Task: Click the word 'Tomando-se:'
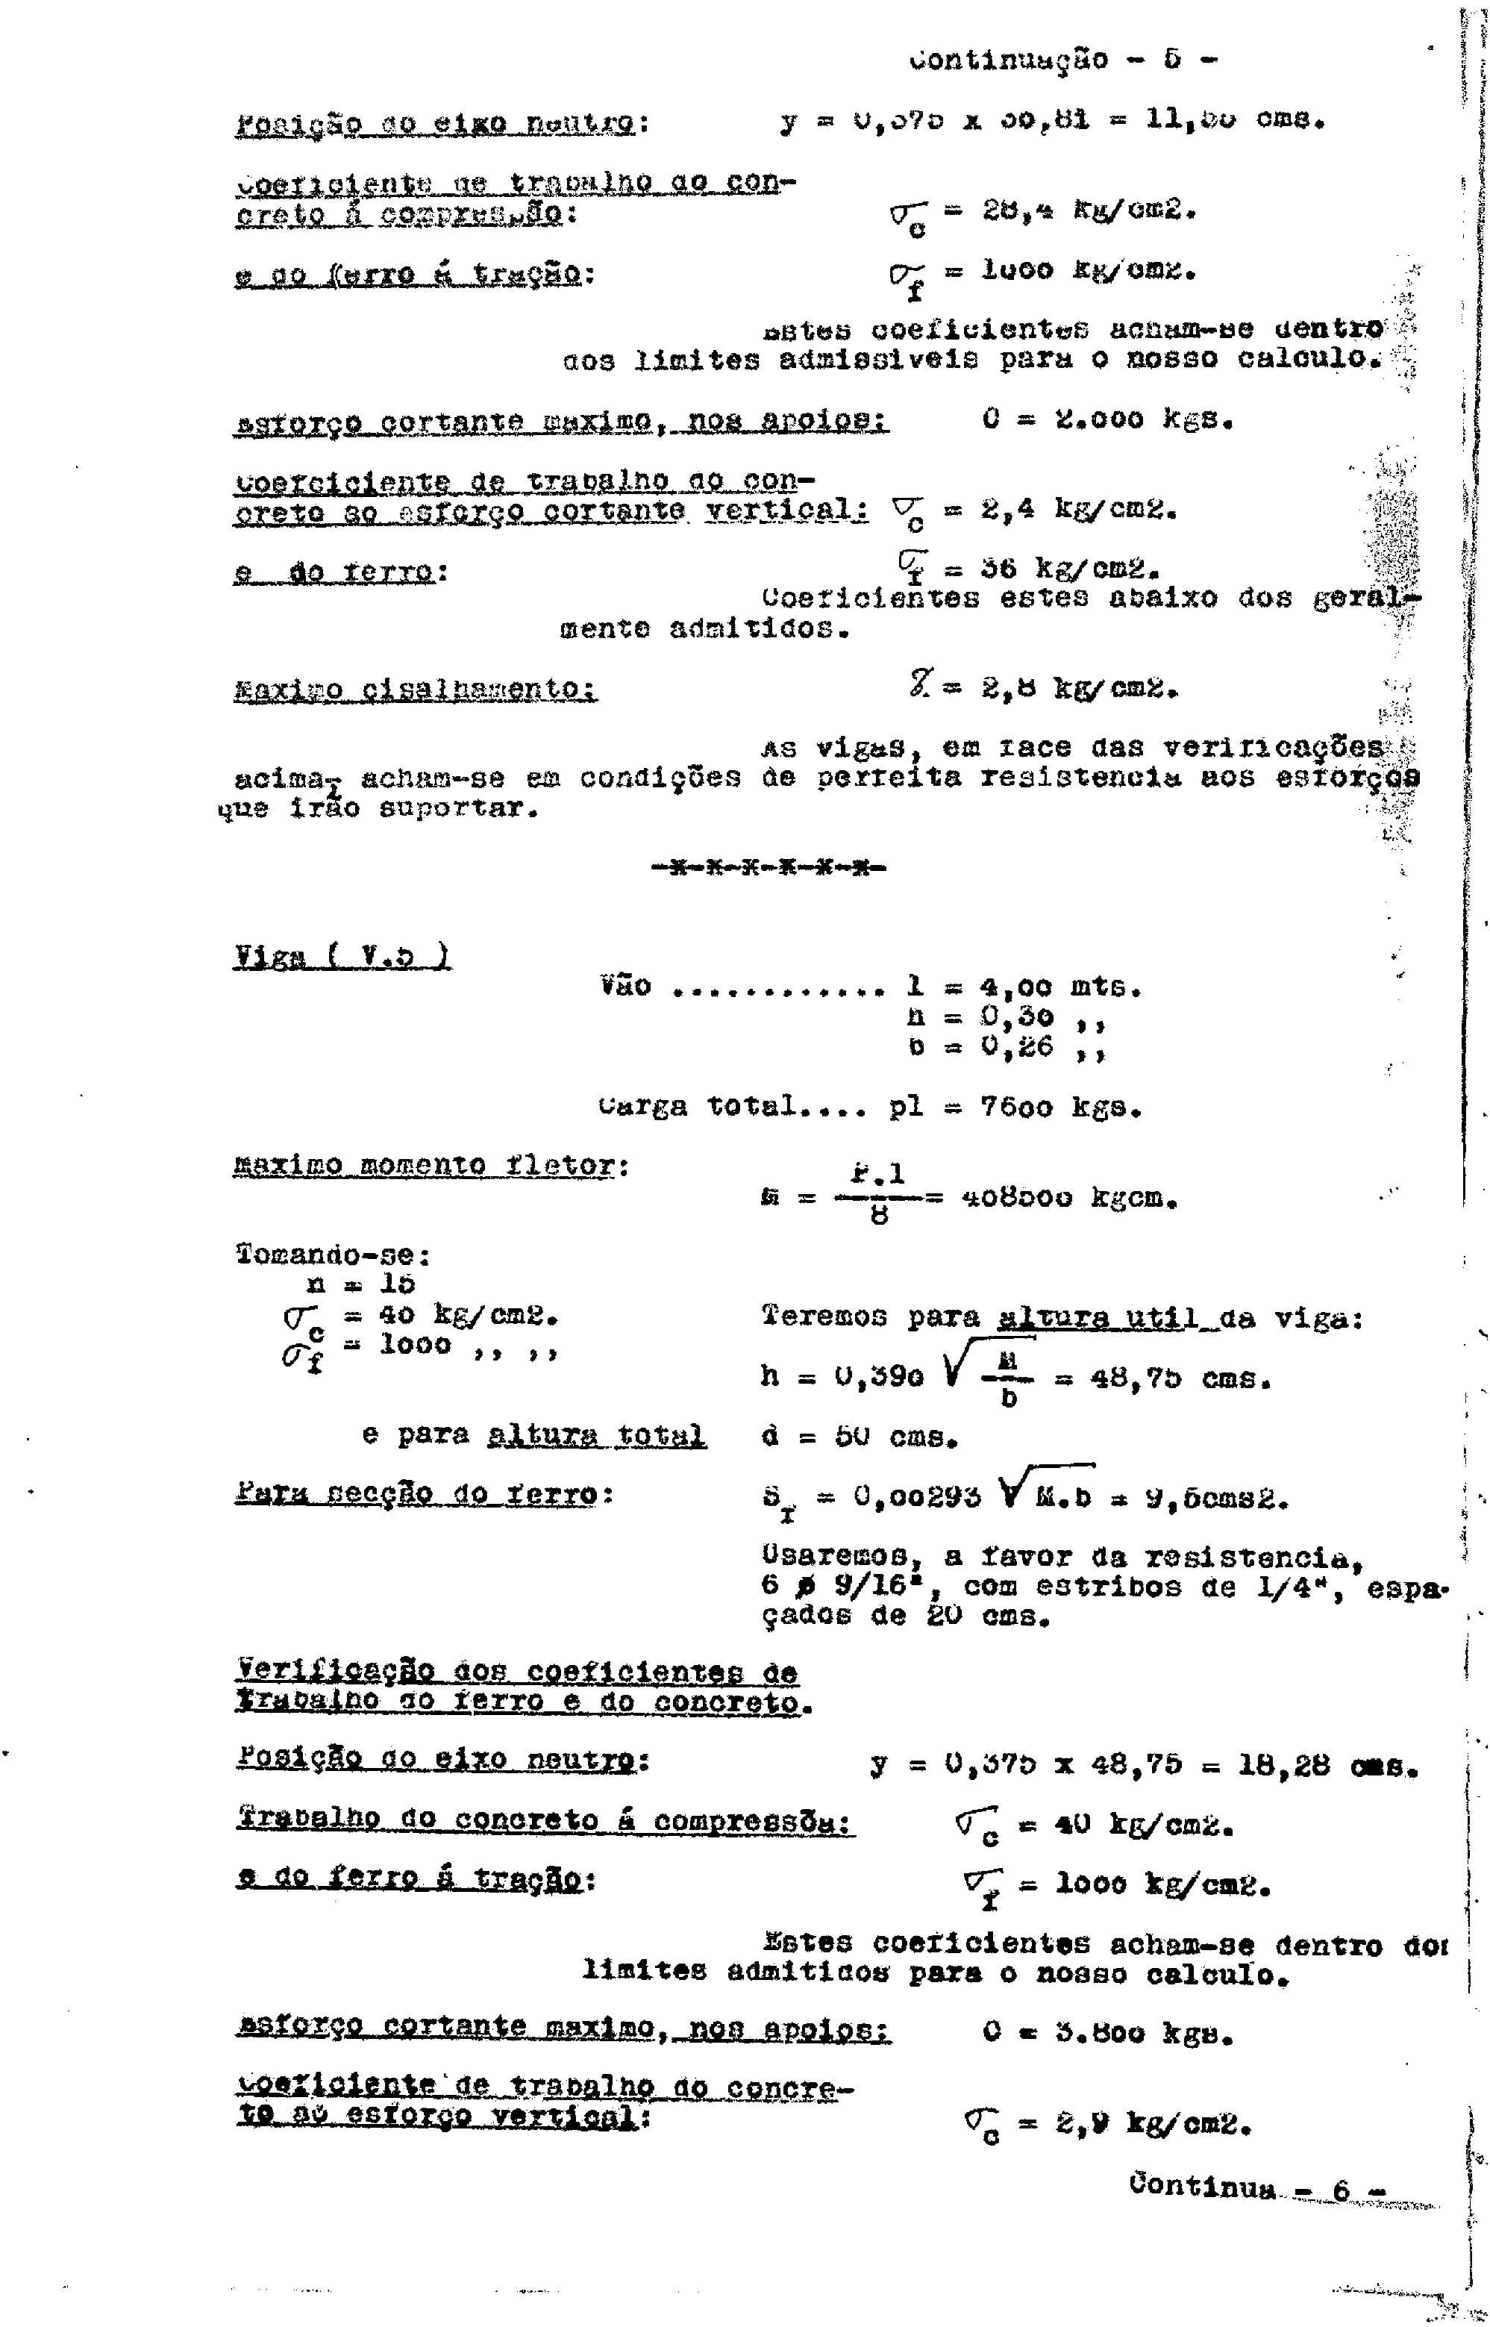(x=333, y=1255)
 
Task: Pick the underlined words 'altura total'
(x=596, y=1434)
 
